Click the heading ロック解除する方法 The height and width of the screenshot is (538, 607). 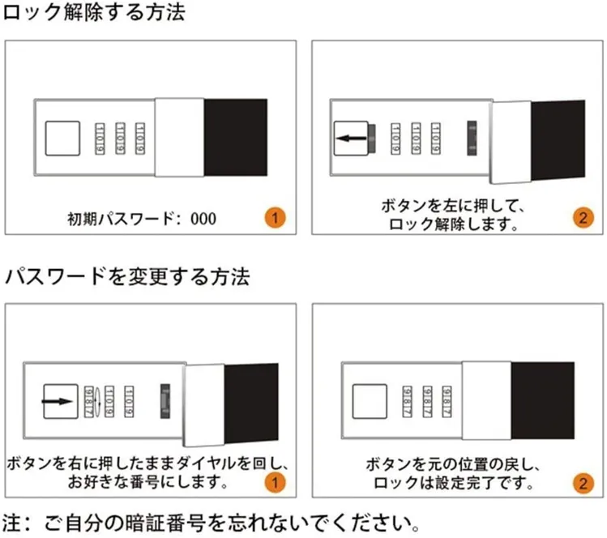(94, 12)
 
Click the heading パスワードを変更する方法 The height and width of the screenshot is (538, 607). (127, 277)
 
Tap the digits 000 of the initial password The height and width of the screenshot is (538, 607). (203, 219)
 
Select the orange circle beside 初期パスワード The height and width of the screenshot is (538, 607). (276, 217)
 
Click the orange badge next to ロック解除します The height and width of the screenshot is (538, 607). (583, 218)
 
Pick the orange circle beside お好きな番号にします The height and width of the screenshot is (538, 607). (276, 483)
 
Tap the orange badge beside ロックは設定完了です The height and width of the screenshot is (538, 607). (583, 484)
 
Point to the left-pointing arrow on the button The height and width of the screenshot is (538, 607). (351, 139)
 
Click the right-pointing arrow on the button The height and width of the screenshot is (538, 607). (58, 401)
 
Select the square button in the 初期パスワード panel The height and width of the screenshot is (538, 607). (62, 139)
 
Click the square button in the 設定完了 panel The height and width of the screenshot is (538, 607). (370, 401)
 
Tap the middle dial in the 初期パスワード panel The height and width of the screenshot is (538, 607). (120, 139)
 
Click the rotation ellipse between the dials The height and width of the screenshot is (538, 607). (97, 402)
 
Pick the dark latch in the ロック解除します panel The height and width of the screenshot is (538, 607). (472, 139)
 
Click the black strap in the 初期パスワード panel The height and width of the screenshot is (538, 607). (236, 138)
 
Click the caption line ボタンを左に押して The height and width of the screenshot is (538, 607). (452, 206)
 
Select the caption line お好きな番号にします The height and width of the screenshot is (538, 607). (147, 482)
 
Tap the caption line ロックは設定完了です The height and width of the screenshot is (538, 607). (453, 483)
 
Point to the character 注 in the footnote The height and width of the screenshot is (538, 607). (11, 523)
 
